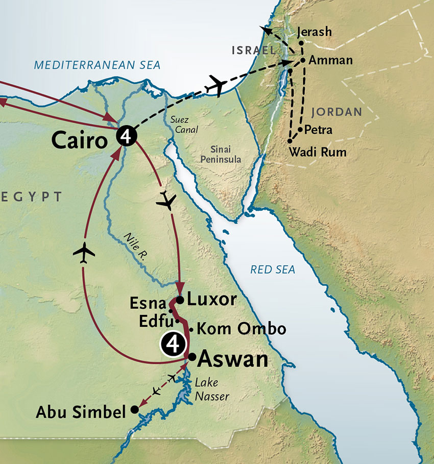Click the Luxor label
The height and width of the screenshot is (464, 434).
(x=211, y=299)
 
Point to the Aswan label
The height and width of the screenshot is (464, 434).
(x=232, y=359)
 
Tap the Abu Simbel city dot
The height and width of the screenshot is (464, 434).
(x=134, y=409)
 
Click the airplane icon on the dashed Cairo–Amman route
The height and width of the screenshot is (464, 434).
(x=215, y=86)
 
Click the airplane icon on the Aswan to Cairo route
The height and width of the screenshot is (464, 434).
(x=84, y=253)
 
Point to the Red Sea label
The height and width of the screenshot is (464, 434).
(x=273, y=270)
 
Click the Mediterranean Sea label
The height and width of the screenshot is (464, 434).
(x=97, y=65)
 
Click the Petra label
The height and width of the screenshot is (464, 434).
(x=318, y=130)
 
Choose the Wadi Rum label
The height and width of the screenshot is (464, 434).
(x=317, y=152)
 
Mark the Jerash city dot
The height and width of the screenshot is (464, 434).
(x=301, y=43)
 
